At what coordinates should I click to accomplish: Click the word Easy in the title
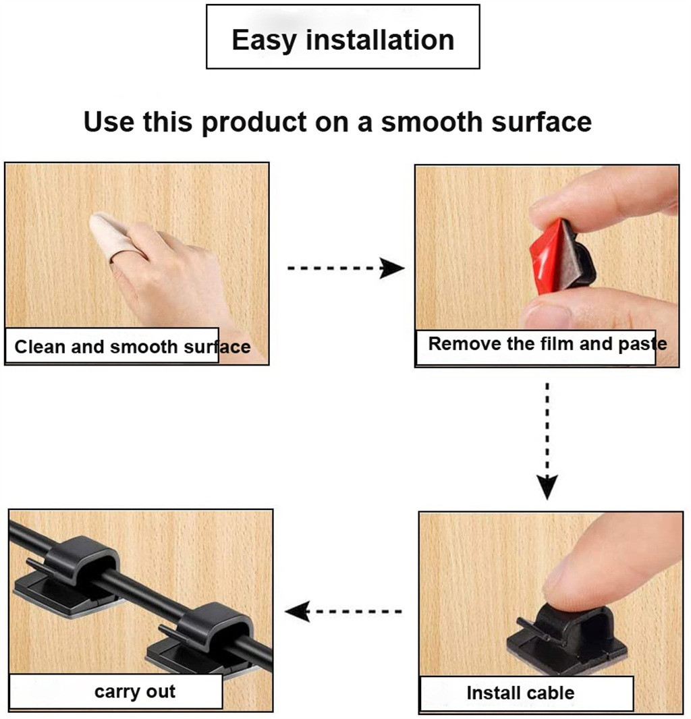(265, 40)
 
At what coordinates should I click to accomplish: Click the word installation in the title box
(380, 40)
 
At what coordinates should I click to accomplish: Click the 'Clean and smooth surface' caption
(132, 347)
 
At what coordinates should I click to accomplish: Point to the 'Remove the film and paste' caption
(547, 344)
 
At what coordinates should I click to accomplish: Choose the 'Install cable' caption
(520, 693)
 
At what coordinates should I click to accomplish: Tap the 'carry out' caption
(135, 691)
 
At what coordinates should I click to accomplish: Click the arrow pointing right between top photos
(345, 268)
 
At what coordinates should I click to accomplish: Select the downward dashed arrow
(547, 441)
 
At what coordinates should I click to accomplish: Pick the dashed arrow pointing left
(343, 612)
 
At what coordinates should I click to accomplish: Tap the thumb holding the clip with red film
(594, 310)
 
